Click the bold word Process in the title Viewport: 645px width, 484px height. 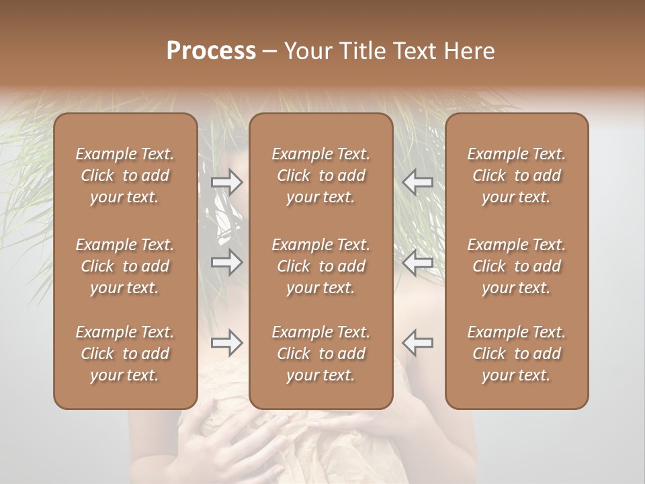[211, 51]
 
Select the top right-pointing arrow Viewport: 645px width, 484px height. [226, 182]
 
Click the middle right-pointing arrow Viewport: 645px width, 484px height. [226, 262]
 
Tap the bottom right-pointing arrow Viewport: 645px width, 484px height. [226, 343]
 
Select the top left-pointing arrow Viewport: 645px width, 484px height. [417, 182]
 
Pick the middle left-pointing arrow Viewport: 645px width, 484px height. [417, 262]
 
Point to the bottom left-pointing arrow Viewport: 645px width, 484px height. [417, 343]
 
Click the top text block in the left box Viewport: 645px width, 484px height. [125, 175]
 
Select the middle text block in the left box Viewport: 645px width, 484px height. [125, 266]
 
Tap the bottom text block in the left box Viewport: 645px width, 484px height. [125, 354]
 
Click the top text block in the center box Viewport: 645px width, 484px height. [321, 175]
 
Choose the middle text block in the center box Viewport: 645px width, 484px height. [321, 266]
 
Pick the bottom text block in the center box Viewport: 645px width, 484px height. [321, 354]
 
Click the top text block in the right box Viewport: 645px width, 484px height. [517, 175]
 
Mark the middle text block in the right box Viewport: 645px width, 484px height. [517, 266]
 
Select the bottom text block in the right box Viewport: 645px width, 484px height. [517, 354]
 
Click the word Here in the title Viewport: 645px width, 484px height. [470, 51]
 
